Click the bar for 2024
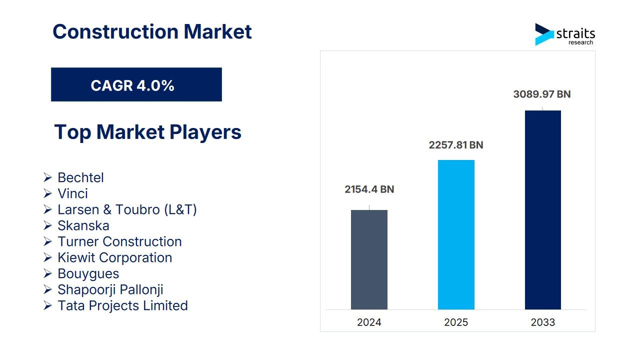pyautogui.click(x=369, y=259)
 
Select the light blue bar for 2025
pyautogui.click(x=456, y=234)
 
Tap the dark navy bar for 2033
pyautogui.click(x=542, y=210)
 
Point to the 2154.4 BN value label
pyautogui.click(x=369, y=189)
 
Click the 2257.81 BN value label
pyautogui.click(x=456, y=145)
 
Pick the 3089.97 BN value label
pyautogui.click(x=542, y=94)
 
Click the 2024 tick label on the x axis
pyautogui.click(x=369, y=322)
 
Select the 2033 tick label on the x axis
pyautogui.click(x=542, y=322)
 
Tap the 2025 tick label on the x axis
pyautogui.click(x=456, y=322)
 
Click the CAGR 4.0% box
pyautogui.click(x=136, y=85)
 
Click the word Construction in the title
pyautogui.click(x=115, y=31)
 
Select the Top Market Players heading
pyautogui.click(x=147, y=132)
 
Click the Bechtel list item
pyautogui.click(x=80, y=177)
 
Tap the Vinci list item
pyautogui.click(x=72, y=193)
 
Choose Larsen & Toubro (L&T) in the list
pyautogui.click(x=127, y=209)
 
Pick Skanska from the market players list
pyautogui.click(x=83, y=225)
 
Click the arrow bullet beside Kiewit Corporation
pyautogui.click(x=47, y=257)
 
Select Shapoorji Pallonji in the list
pyautogui.click(x=110, y=289)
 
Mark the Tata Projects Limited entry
pyautogui.click(x=122, y=305)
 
